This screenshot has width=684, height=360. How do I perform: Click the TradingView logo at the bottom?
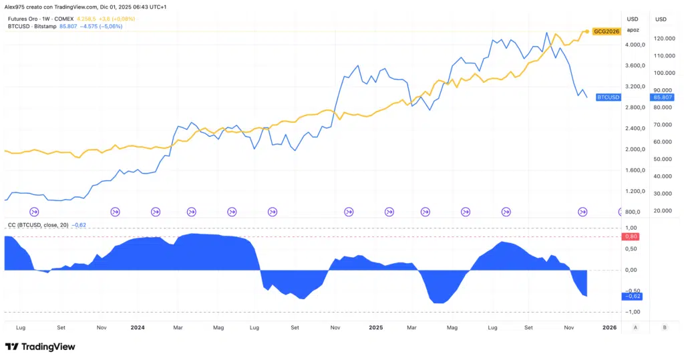40,347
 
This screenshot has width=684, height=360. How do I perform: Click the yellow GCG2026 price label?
607,31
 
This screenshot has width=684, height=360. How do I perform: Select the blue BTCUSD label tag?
608,98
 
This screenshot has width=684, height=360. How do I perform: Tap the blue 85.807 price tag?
662,98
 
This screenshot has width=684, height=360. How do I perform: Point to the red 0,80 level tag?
631,236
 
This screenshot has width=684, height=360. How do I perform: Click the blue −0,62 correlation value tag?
631,296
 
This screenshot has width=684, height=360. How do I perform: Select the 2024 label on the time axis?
138,328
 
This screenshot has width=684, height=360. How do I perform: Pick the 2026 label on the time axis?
609,328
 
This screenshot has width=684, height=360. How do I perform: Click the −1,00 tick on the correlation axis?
631,312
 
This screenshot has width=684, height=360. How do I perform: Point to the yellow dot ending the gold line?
586,31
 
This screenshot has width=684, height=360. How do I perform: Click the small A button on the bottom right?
635,327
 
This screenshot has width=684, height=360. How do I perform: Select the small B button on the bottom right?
664,327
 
